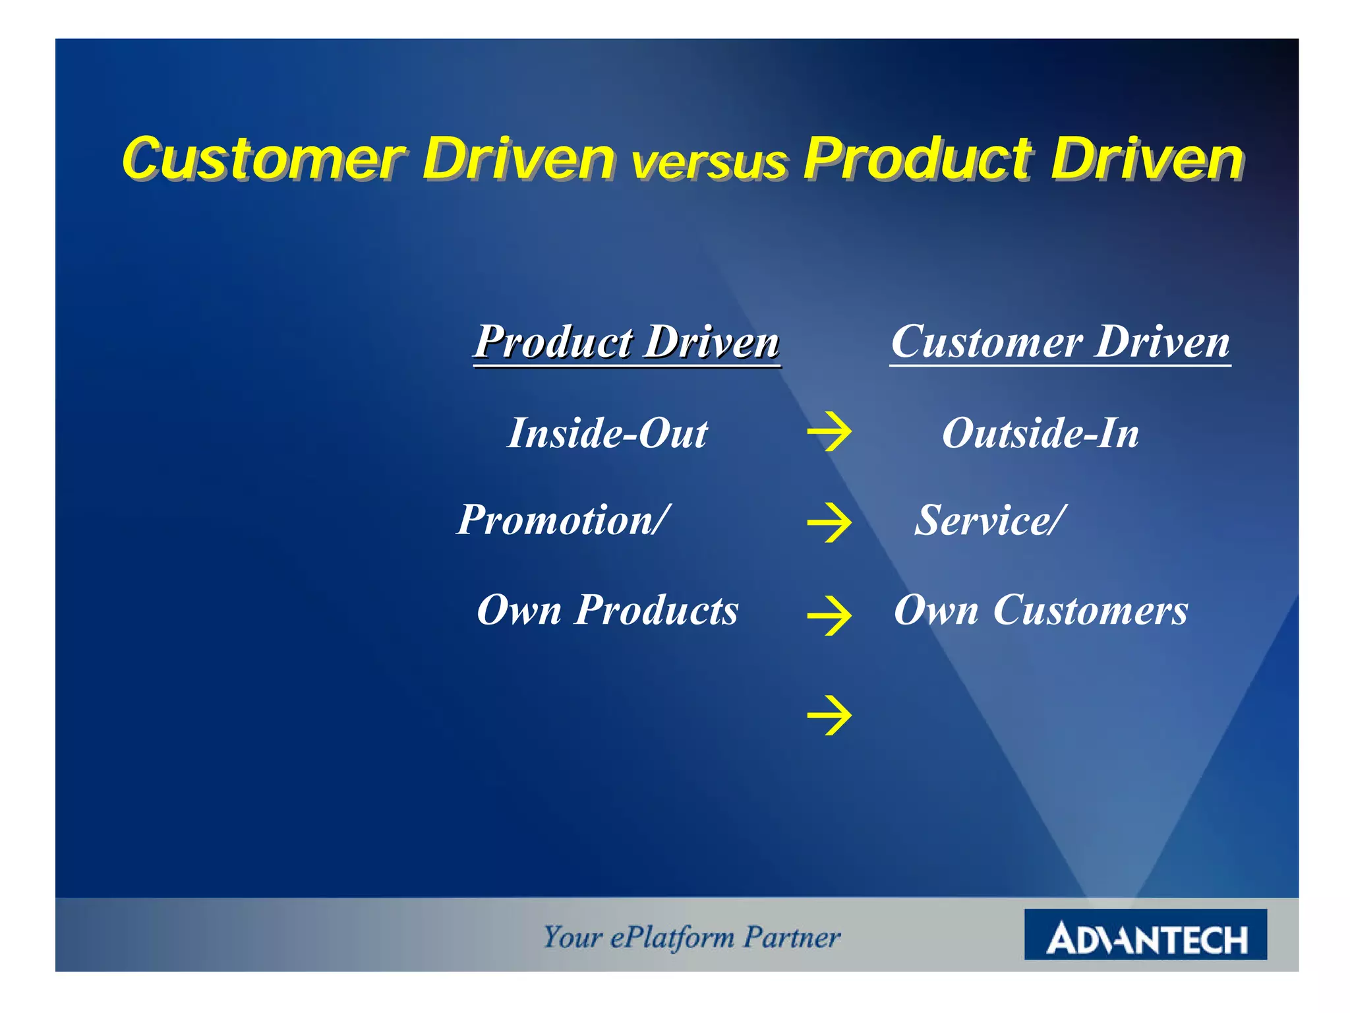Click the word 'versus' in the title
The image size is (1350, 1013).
(709, 163)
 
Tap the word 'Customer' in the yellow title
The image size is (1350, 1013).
(264, 159)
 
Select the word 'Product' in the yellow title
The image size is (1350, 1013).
(917, 159)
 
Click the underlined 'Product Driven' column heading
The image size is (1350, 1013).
(627, 342)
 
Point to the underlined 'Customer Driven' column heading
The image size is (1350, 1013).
(1060, 342)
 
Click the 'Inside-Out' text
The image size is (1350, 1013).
(607, 433)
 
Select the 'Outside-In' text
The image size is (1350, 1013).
(1040, 433)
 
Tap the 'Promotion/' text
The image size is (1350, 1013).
(564, 520)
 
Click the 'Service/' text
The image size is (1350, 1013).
(989, 520)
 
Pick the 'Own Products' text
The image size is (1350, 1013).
(607, 610)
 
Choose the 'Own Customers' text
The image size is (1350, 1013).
(1041, 610)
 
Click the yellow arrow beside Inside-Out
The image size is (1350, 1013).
(829, 432)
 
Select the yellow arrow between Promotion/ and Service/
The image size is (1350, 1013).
(829, 522)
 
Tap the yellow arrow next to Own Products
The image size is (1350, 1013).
(829, 615)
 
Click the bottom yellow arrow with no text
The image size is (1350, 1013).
(829, 715)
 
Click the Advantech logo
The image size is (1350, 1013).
(1145, 935)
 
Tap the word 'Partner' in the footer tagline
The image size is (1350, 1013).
(792, 936)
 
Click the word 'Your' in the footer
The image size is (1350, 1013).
(572, 936)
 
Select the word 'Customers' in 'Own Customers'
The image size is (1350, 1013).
(1090, 610)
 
